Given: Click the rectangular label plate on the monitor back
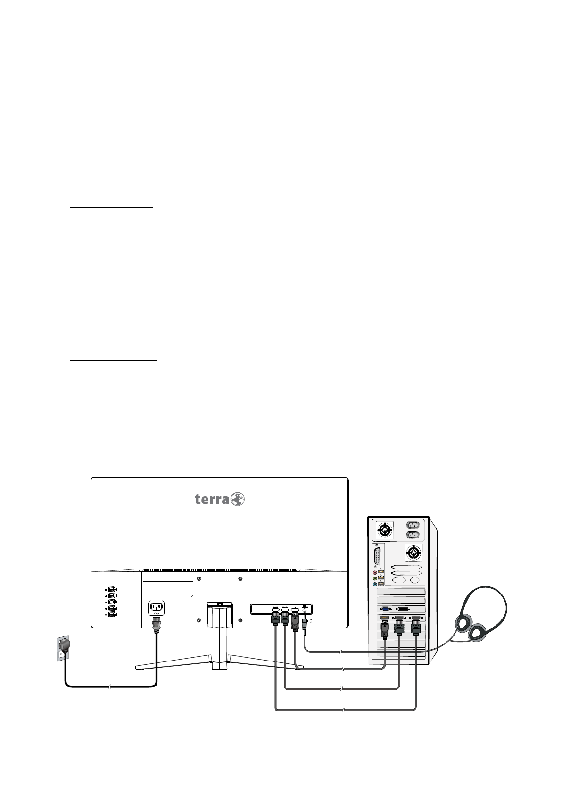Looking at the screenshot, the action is click(168, 730).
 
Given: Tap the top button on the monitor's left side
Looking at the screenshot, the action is click(112, 731).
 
